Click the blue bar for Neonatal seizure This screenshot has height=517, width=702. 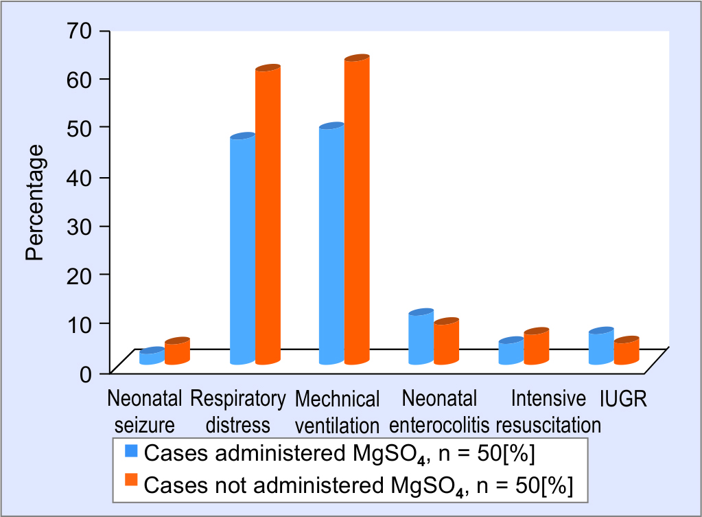point(151,357)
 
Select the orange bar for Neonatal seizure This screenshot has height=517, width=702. point(176,352)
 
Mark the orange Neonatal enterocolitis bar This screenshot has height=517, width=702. point(446,343)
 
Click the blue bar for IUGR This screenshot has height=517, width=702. point(600,347)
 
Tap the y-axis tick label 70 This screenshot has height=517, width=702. point(80,31)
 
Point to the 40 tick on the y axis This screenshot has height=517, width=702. point(80,176)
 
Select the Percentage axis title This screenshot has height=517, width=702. point(35,202)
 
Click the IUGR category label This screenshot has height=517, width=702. point(623,399)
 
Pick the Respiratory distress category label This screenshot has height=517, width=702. point(237,411)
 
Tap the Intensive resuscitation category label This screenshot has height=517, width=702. point(548,411)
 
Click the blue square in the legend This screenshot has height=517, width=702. point(131,451)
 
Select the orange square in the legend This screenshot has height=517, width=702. point(131,480)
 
